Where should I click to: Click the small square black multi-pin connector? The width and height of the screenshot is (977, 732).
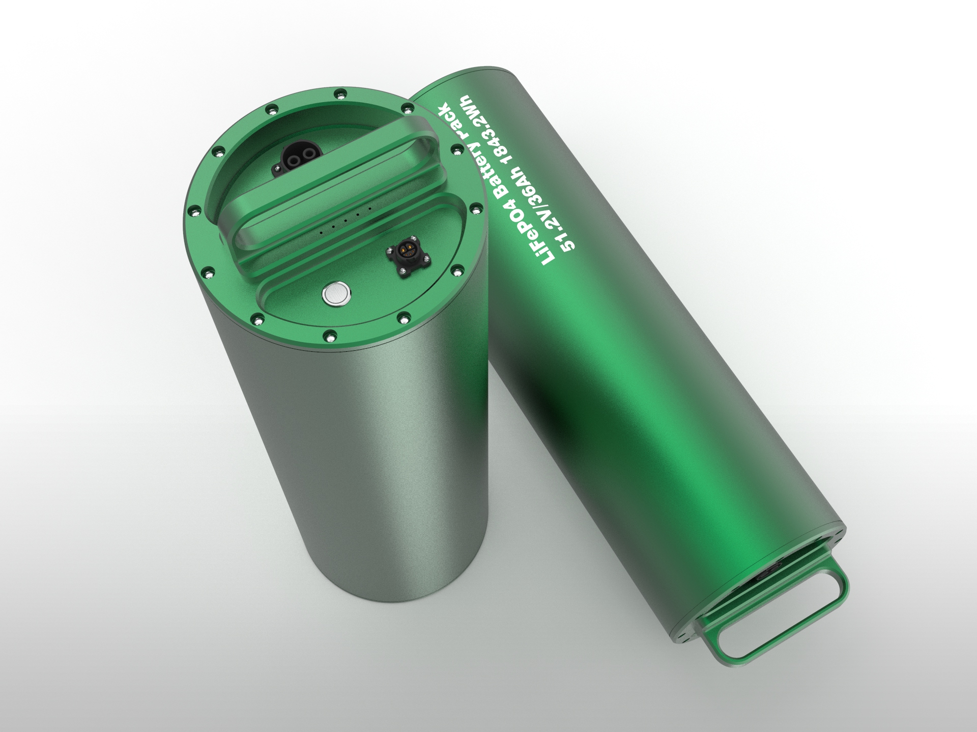(406, 258)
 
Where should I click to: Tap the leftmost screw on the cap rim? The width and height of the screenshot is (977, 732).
(192, 210)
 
